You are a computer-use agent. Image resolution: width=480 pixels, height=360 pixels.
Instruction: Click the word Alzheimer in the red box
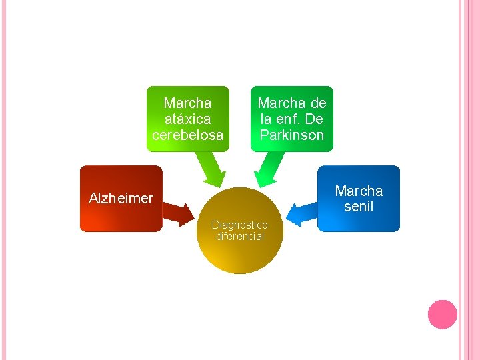tap(121, 198)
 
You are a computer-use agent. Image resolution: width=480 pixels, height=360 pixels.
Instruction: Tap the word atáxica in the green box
tap(187, 119)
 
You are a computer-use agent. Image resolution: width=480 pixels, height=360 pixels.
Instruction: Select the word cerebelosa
tap(187, 135)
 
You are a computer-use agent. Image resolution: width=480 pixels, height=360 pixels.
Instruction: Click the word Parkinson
tap(292, 135)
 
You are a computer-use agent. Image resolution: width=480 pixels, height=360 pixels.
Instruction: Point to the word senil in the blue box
tap(359, 207)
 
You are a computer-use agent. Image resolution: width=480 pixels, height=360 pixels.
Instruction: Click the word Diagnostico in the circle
tap(240, 225)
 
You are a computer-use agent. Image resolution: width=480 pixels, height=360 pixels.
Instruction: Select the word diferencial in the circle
tap(240, 237)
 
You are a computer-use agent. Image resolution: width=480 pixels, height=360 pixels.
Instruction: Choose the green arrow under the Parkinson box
tap(269, 170)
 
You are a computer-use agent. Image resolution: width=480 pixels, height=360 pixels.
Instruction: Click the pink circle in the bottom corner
tap(442, 314)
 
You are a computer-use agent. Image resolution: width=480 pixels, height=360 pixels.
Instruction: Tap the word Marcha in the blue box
tap(359, 191)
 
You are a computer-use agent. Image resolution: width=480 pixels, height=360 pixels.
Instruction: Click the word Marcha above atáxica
tap(187, 103)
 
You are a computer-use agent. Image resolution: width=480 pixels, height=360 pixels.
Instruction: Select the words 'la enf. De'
tap(292, 119)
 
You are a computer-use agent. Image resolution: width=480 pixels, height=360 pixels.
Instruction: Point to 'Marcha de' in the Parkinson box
tap(292, 103)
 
